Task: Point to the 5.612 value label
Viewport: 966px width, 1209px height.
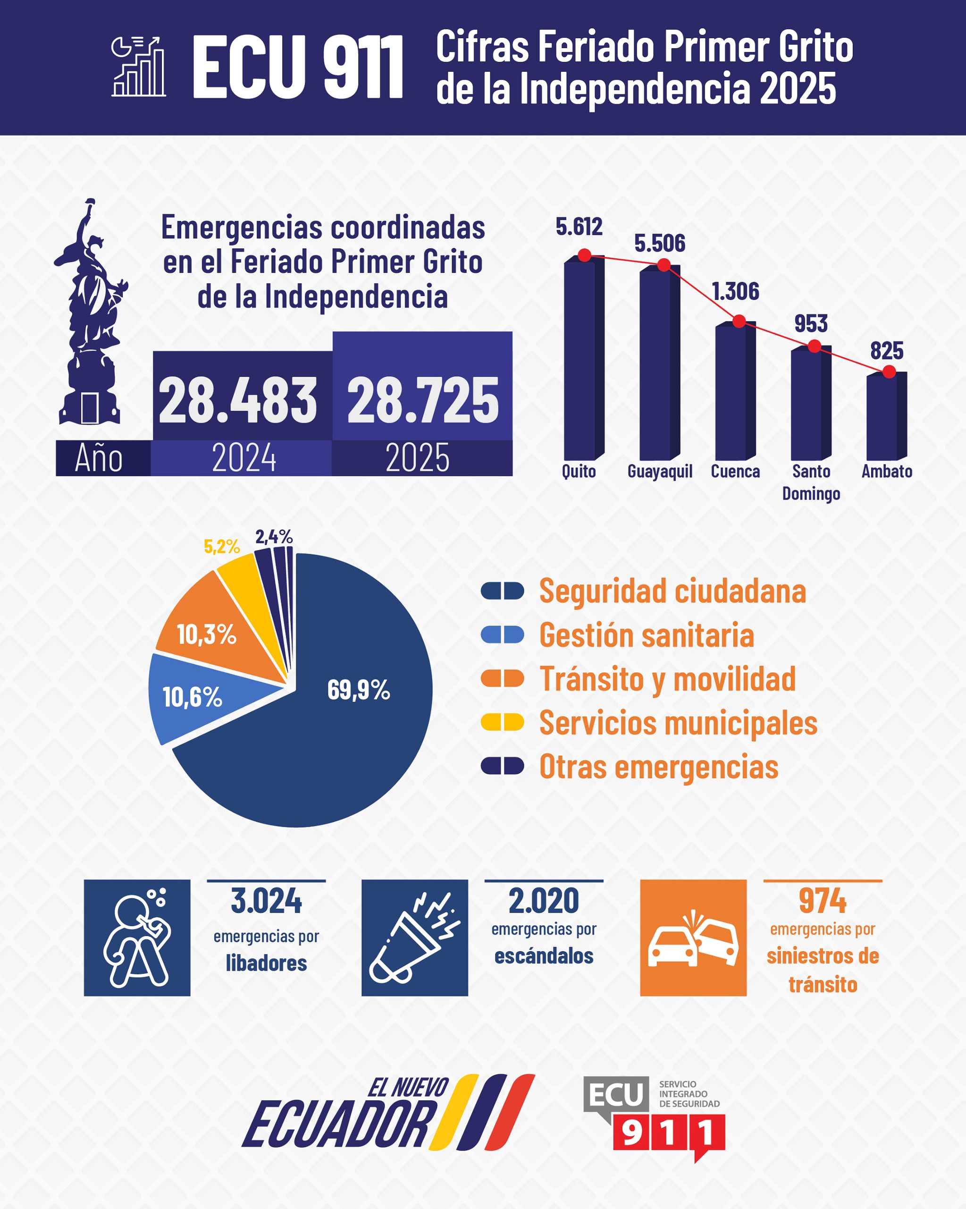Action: (579, 227)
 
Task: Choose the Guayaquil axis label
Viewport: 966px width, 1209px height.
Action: (660, 471)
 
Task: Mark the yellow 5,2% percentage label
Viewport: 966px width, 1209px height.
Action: (221, 546)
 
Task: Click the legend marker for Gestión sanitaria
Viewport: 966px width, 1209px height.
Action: (502, 635)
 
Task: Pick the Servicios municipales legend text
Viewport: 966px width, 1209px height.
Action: (678, 723)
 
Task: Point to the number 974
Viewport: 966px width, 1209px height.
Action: (822, 901)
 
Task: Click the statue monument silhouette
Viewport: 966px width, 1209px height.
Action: (90, 314)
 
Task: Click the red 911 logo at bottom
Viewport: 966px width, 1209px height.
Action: (668, 1133)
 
